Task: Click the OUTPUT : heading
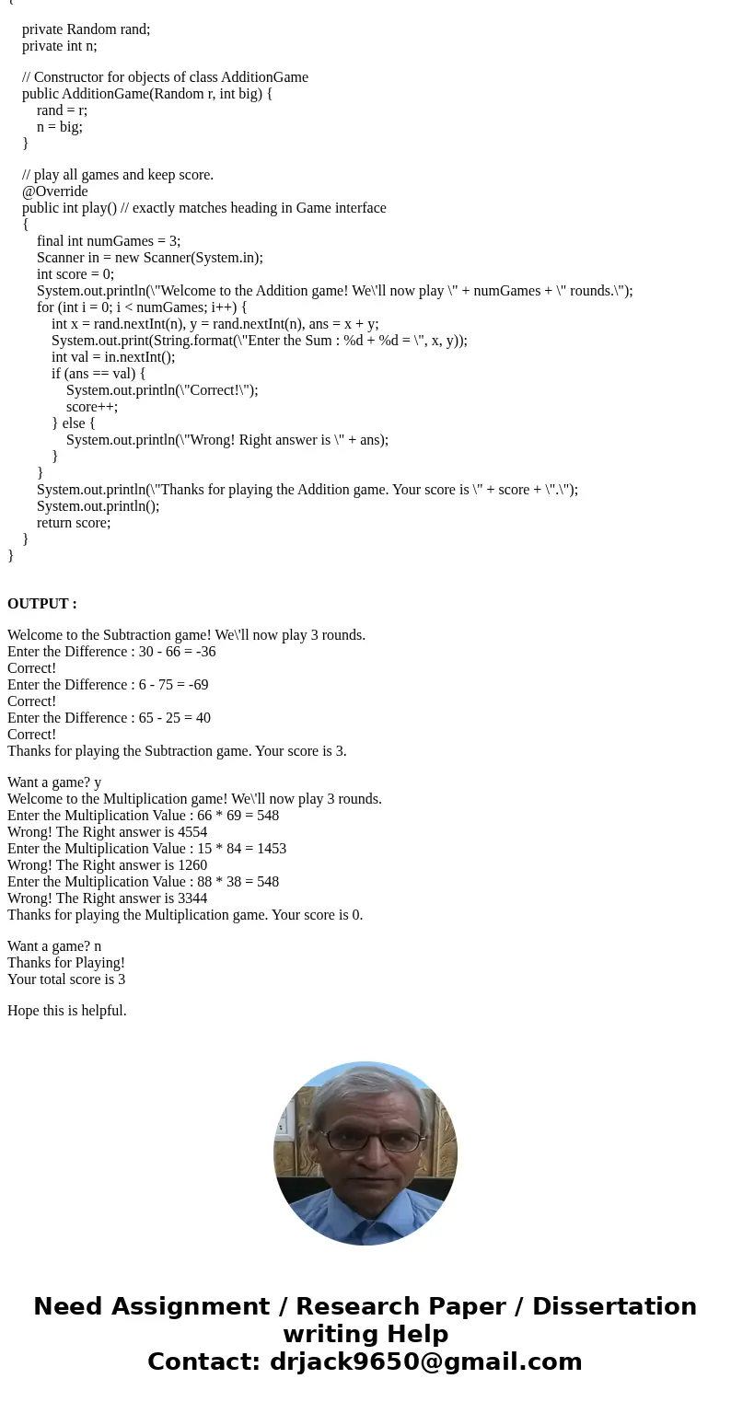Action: pyautogui.click(x=42, y=604)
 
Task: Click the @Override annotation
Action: pyautogui.click(x=55, y=191)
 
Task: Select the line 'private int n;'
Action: pyautogui.click(x=59, y=45)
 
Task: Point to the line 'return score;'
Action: pyautogui.click(x=74, y=522)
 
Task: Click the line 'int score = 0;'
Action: pyautogui.click(x=75, y=273)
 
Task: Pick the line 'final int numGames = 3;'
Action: pyautogui.click(x=109, y=241)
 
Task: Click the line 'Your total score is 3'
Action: pyautogui.click(x=66, y=979)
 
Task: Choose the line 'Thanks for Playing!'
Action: pyautogui.click(x=66, y=963)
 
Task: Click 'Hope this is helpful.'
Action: pyautogui.click(x=66, y=1011)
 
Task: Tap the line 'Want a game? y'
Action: pyautogui.click(x=54, y=782)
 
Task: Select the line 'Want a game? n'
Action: pyautogui.click(x=54, y=946)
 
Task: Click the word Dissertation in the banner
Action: pyautogui.click(x=614, y=1306)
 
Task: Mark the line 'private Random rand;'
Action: pyautogui.click(x=86, y=29)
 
